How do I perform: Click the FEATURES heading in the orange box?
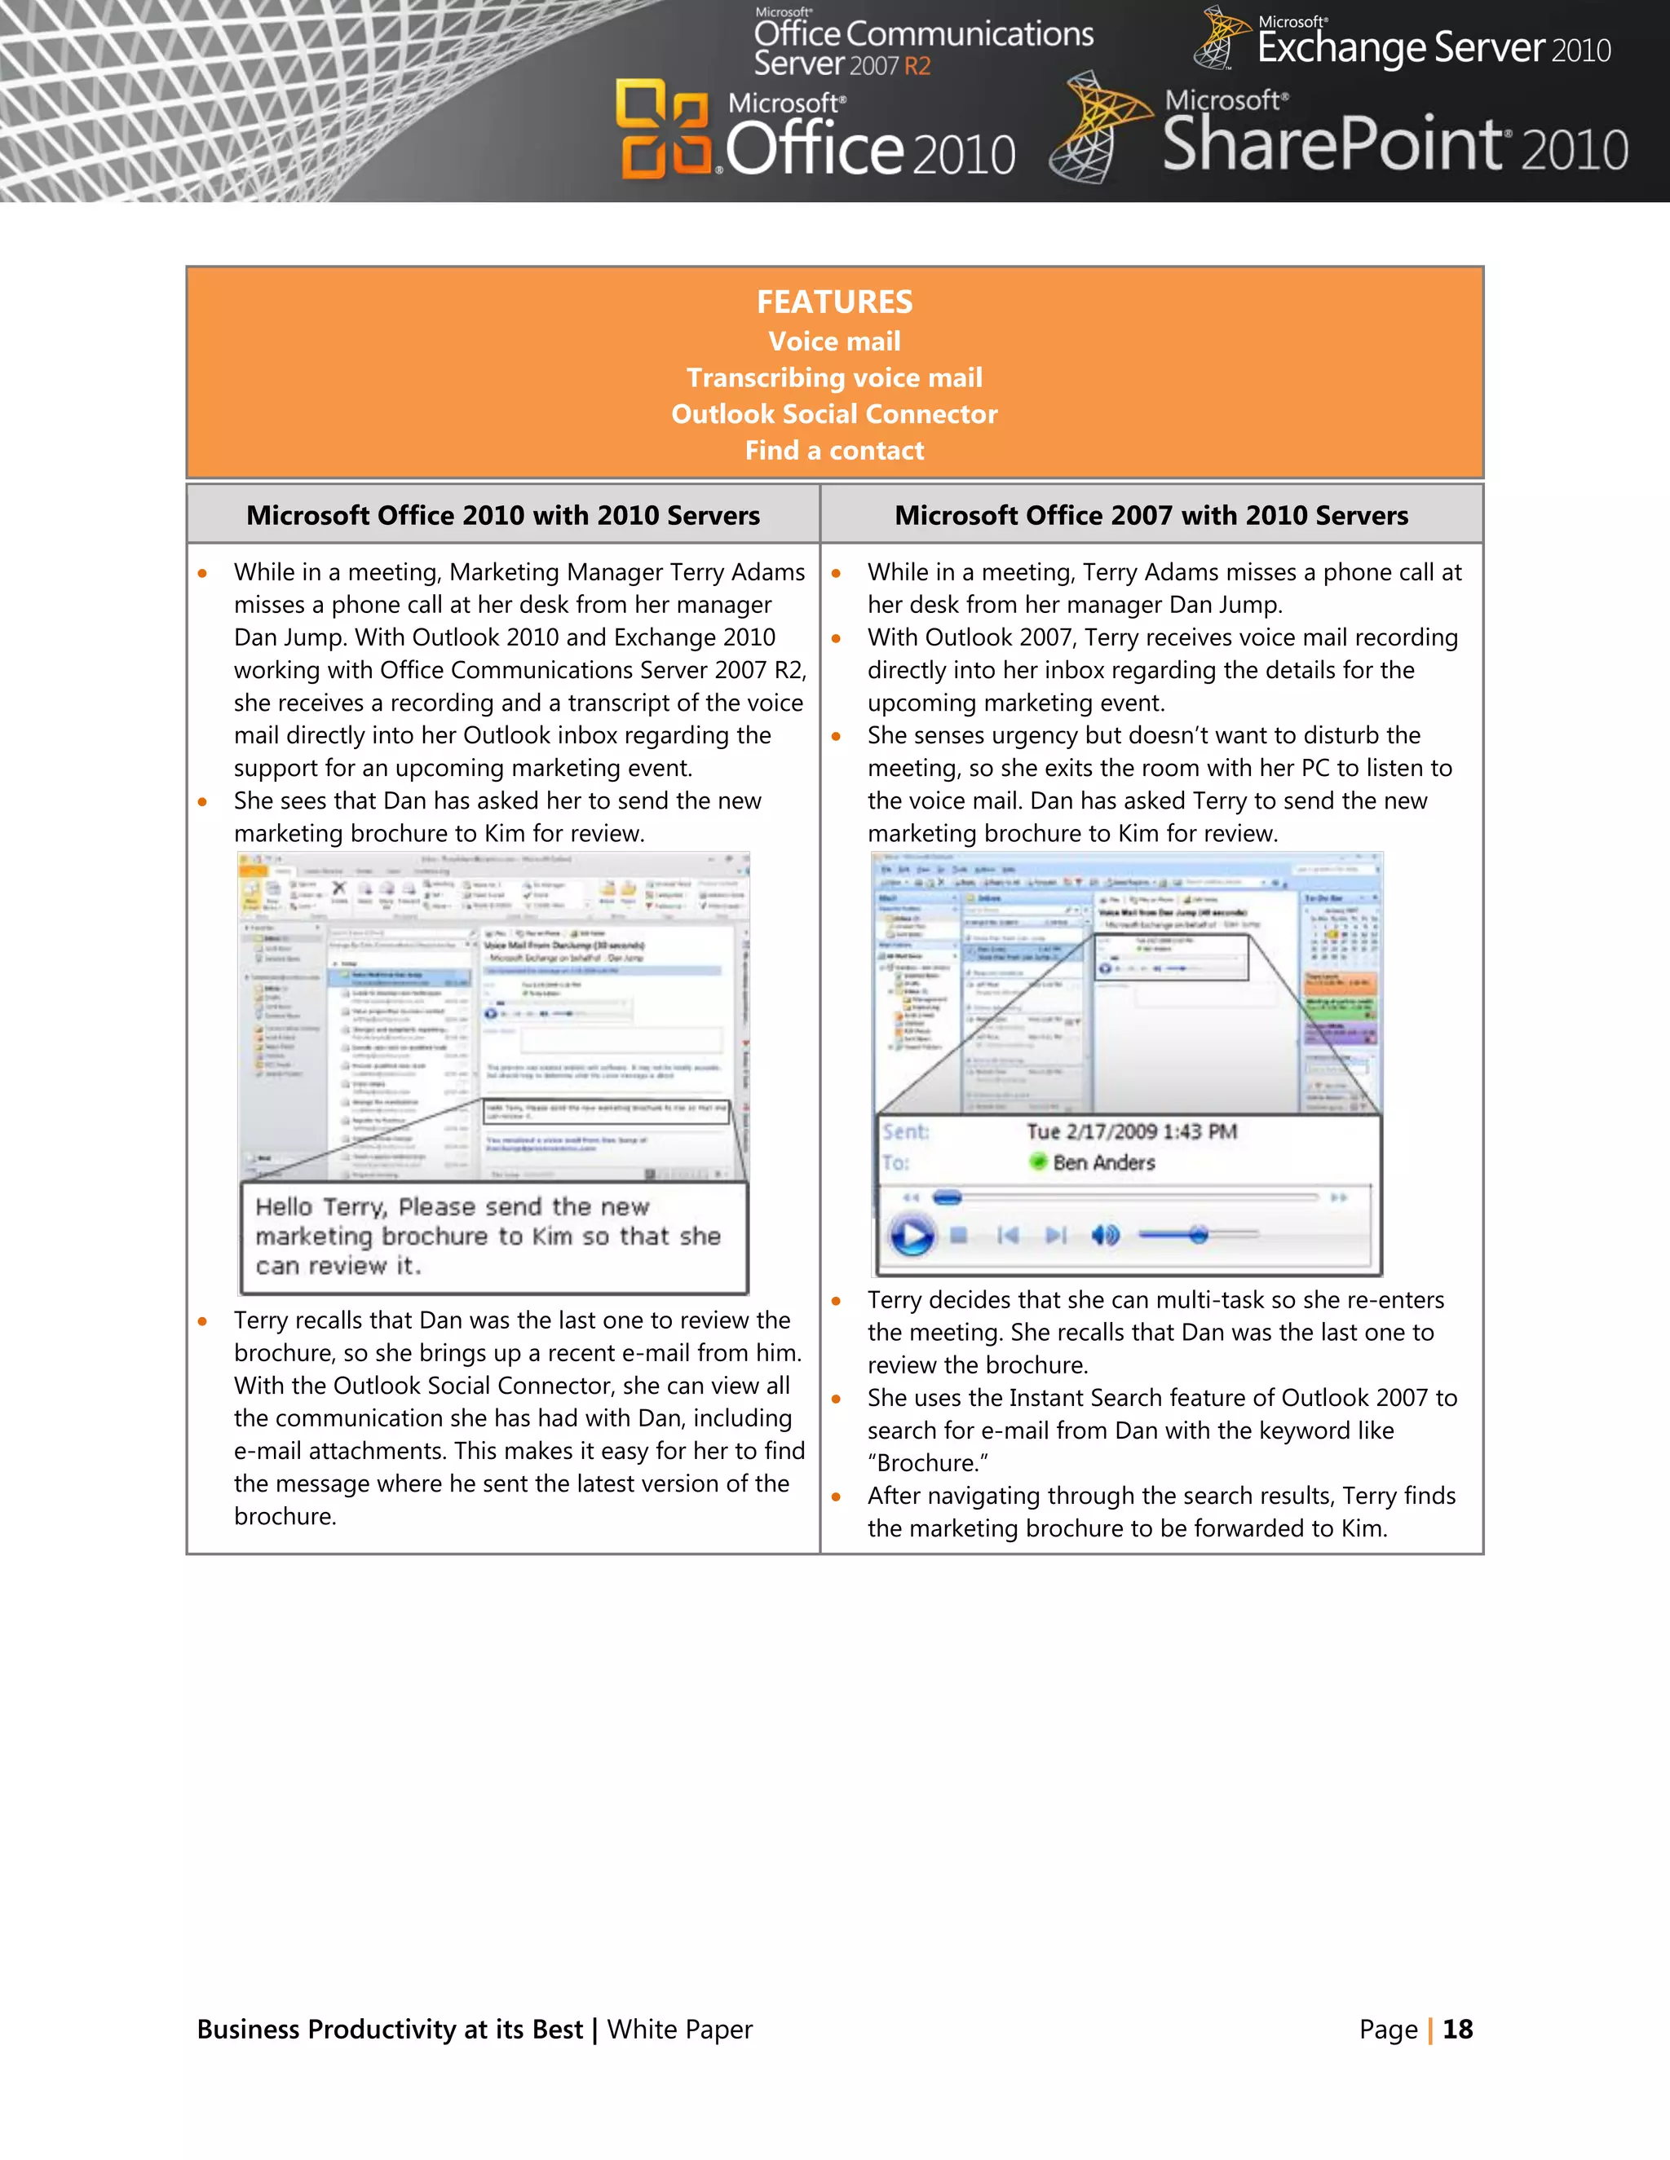coord(834,302)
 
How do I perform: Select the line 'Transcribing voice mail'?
coord(834,378)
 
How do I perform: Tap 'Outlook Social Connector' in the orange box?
coord(834,414)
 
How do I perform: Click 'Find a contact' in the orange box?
coord(834,451)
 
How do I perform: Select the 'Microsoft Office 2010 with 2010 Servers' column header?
coord(502,515)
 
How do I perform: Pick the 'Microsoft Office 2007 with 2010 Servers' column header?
coord(1151,515)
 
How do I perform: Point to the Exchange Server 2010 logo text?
coord(1433,47)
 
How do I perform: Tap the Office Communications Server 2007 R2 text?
coord(922,46)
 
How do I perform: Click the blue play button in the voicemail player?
coord(911,1235)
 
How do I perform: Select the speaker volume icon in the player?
coord(1104,1235)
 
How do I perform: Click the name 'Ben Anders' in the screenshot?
coord(1104,1163)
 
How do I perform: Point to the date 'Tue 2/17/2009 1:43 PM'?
coord(1131,1131)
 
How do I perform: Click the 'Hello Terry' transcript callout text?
coord(487,1236)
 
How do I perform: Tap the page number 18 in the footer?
coord(1457,2030)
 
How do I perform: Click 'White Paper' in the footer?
coord(680,2030)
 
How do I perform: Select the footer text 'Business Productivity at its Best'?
coord(390,2030)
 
